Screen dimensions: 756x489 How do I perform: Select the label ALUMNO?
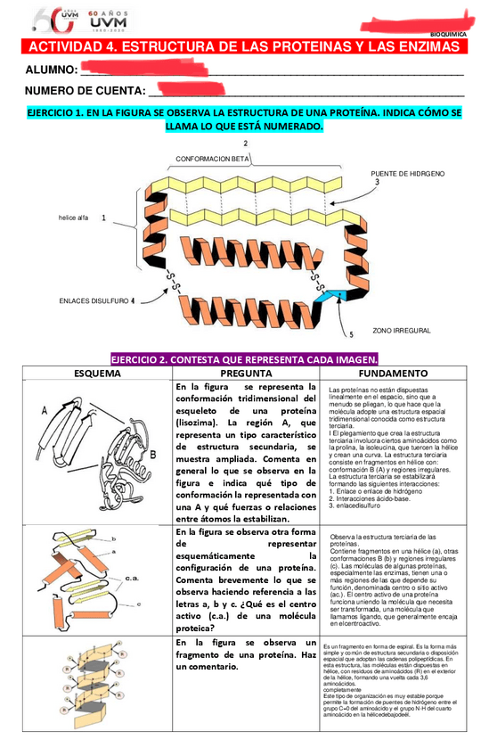[x=51, y=70]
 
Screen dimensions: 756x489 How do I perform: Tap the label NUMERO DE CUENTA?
[x=85, y=91]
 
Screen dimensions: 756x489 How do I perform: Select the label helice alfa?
[x=73, y=217]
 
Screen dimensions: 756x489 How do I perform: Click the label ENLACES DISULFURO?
[x=94, y=300]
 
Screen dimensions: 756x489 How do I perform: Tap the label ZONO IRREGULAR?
[x=401, y=330]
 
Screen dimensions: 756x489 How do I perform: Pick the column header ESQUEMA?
[x=97, y=374]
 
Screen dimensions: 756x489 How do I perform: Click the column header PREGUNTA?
[x=246, y=374]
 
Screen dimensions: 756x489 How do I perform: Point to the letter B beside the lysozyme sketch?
[x=153, y=454]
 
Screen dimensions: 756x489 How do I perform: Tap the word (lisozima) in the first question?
[x=201, y=423]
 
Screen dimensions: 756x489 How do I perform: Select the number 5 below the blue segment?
[x=350, y=335]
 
